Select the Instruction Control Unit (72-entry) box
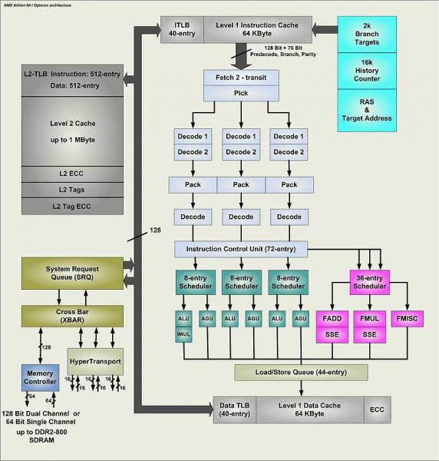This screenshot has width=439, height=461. click(x=241, y=250)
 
